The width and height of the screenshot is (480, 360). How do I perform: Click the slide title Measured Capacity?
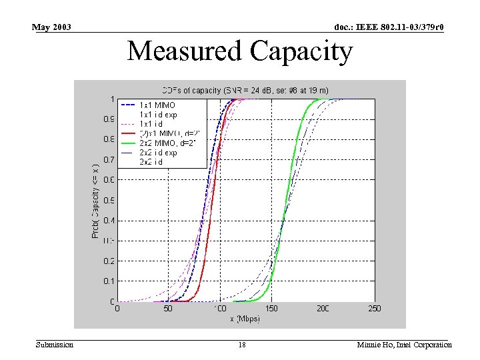click(239, 51)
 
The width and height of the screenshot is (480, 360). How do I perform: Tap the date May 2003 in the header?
click(51, 27)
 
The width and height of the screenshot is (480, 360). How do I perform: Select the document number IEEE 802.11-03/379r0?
click(389, 27)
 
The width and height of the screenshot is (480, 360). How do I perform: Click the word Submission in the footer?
click(55, 345)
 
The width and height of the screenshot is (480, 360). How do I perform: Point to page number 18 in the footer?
click(242, 345)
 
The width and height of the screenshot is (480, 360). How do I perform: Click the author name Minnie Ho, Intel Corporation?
click(404, 345)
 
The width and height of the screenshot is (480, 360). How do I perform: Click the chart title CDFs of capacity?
click(245, 90)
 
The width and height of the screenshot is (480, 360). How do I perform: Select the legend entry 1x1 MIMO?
click(157, 105)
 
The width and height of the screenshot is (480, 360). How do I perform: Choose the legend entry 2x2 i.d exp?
click(158, 153)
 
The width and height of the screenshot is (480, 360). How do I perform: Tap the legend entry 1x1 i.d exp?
click(158, 115)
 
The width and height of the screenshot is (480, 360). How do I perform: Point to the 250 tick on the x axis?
click(375, 309)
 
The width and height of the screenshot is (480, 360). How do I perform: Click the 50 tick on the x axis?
click(169, 309)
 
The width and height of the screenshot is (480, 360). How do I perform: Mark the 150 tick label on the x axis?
click(271, 309)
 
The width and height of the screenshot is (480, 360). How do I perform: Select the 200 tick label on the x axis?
click(323, 309)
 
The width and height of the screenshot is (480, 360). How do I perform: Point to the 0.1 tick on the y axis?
click(107, 281)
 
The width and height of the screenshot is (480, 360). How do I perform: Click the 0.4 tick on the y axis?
click(107, 221)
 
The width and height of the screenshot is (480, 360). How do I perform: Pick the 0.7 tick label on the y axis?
click(107, 160)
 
